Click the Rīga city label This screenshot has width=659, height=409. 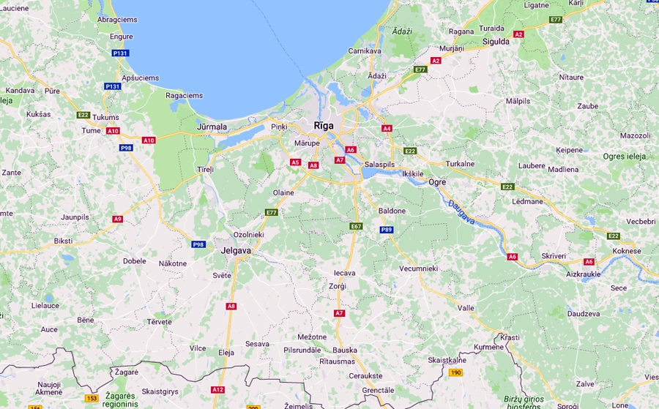pos(323,125)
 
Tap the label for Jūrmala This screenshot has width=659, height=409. pos(212,127)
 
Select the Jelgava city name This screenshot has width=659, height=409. pos(236,250)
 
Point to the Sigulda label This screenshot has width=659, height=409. pos(496,42)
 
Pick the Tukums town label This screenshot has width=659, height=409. pos(105,117)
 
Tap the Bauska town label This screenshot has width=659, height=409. pos(345,350)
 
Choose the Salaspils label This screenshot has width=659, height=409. pos(380,165)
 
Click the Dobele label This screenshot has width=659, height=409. pos(135,260)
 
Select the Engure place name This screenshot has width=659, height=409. pos(121,37)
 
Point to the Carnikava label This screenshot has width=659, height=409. pos(365,51)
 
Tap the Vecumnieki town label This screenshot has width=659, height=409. pos(418,269)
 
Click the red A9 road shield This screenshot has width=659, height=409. pos(118,219)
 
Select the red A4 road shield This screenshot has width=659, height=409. pos(387,128)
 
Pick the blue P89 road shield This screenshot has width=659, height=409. pos(386,230)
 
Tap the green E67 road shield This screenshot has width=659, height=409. pos(356,226)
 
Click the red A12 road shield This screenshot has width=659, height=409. pos(217,389)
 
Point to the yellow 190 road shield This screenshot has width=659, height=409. pos(455,372)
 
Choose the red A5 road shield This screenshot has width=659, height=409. pos(296,162)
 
